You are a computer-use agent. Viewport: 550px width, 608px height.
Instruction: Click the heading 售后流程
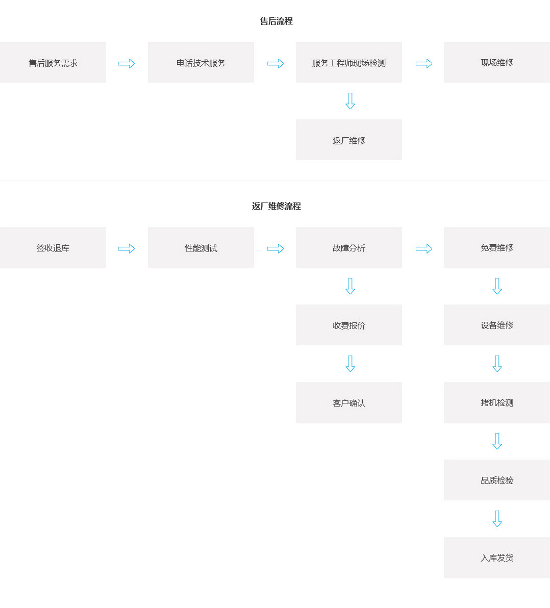pyautogui.click(x=276, y=21)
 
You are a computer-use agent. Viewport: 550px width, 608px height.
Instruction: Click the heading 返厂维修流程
pyautogui.click(x=276, y=206)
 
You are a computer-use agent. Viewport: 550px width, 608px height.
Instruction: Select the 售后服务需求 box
pyautogui.click(x=53, y=62)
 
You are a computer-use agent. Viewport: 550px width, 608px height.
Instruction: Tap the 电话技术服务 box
pyautogui.click(x=201, y=62)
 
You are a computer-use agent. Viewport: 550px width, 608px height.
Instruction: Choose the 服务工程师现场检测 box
pyautogui.click(x=348, y=62)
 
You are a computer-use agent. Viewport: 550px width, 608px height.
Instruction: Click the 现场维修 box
pyautogui.click(x=497, y=62)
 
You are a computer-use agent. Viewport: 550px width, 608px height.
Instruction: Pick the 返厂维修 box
pyautogui.click(x=348, y=140)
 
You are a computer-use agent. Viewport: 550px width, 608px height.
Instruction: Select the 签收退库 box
pyautogui.click(x=53, y=247)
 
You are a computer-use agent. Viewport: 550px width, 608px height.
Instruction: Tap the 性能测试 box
pyautogui.click(x=201, y=247)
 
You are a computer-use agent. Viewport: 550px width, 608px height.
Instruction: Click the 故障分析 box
pyautogui.click(x=348, y=247)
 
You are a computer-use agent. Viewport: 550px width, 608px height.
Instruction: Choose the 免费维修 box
pyautogui.click(x=497, y=247)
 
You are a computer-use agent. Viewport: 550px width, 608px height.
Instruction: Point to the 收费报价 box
pyautogui.click(x=348, y=325)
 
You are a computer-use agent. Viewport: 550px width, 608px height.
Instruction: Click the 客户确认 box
pyautogui.click(x=348, y=402)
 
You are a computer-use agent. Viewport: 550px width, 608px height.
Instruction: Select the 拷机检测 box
pyautogui.click(x=497, y=402)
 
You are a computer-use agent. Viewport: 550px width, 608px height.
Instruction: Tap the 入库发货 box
pyautogui.click(x=497, y=558)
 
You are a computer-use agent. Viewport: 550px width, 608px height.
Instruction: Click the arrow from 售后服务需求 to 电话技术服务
pyautogui.click(x=127, y=63)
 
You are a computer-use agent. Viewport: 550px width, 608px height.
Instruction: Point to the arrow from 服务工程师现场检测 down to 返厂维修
pyautogui.click(x=350, y=101)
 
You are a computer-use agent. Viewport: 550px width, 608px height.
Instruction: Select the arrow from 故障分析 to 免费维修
pyautogui.click(x=424, y=248)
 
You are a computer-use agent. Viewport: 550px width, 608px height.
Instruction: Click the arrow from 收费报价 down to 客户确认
pyautogui.click(x=350, y=364)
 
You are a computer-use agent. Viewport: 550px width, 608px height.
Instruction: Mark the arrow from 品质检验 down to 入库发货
pyautogui.click(x=497, y=519)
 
